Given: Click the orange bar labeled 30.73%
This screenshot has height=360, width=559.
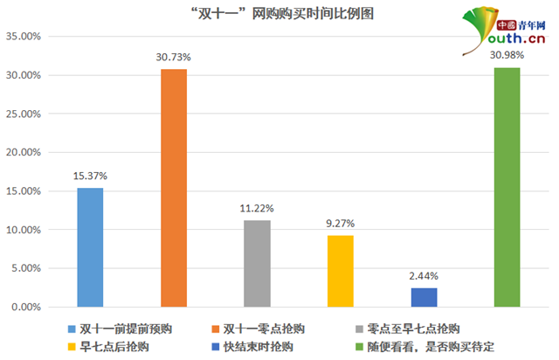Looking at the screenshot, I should (173, 188).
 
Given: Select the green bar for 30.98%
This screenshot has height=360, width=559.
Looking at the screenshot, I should (507, 187).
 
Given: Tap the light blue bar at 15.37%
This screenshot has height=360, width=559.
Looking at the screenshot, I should (90, 247).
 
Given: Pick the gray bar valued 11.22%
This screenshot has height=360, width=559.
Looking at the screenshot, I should (257, 263).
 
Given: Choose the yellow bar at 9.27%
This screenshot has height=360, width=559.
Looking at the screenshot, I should (341, 271).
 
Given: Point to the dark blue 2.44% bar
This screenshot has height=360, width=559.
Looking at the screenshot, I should (424, 297).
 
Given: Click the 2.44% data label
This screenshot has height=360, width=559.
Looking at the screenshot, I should (424, 276).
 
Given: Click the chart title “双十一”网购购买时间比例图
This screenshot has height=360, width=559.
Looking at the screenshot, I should (279, 13).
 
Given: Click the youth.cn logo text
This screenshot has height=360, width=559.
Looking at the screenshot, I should (515, 38).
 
